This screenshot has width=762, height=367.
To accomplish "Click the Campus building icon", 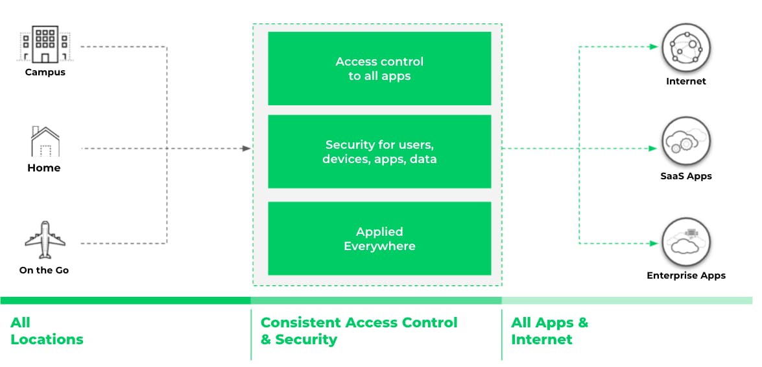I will tap(45, 44).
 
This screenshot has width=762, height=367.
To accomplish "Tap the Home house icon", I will tap(45, 142).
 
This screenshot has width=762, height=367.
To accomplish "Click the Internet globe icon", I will tap(686, 48).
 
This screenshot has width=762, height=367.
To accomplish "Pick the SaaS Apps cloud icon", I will tap(686, 142).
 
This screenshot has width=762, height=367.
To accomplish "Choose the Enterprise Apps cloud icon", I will tap(686, 242).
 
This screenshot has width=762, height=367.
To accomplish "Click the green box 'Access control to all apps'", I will tap(379, 69).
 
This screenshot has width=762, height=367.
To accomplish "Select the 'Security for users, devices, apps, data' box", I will tap(379, 151).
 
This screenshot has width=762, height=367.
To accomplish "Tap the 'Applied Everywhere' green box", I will tap(379, 238).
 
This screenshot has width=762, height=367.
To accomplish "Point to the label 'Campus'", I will tap(45, 72).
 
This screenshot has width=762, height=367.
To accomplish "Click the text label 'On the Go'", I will tap(44, 270).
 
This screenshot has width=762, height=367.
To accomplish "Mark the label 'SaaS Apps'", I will tap(686, 176).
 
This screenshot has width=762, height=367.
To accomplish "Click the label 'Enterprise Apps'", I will tap(686, 275).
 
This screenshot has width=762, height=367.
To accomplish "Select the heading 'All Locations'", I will tap(47, 331).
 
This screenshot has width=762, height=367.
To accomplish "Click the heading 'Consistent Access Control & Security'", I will tap(359, 331).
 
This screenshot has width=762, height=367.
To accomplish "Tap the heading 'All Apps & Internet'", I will tap(549, 331).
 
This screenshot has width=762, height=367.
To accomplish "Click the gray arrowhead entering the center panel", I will tap(246, 149).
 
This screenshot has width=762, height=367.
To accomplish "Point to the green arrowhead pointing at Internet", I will tap(653, 47).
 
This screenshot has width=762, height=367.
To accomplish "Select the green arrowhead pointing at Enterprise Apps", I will tap(653, 244).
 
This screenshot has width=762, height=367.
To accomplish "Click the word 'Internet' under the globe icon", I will tap(686, 81).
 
